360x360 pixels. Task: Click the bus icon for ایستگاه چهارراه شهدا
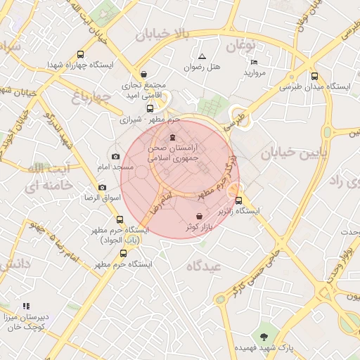click(x=80, y=53)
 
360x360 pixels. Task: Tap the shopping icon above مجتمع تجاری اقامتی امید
click(x=144, y=74)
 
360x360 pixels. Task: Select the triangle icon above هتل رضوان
click(x=202, y=56)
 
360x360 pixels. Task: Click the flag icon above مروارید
click(x=254, y=62)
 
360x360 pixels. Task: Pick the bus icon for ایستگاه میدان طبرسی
click(x=314, y=77)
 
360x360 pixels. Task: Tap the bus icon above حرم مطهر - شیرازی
click(x=150, y=108)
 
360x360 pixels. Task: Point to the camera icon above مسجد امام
click(x=115, y=156)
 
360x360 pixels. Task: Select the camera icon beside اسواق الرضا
click(x=103, y=187)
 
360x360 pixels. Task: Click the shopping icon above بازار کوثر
click(x=200, y=216)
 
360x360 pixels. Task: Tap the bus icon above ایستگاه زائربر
click(x=238, y=200)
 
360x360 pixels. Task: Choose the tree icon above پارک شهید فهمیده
click(x=264, y=336)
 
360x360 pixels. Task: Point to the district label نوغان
click(x=240, y=46)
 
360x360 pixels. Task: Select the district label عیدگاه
click(x=204, y=265)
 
